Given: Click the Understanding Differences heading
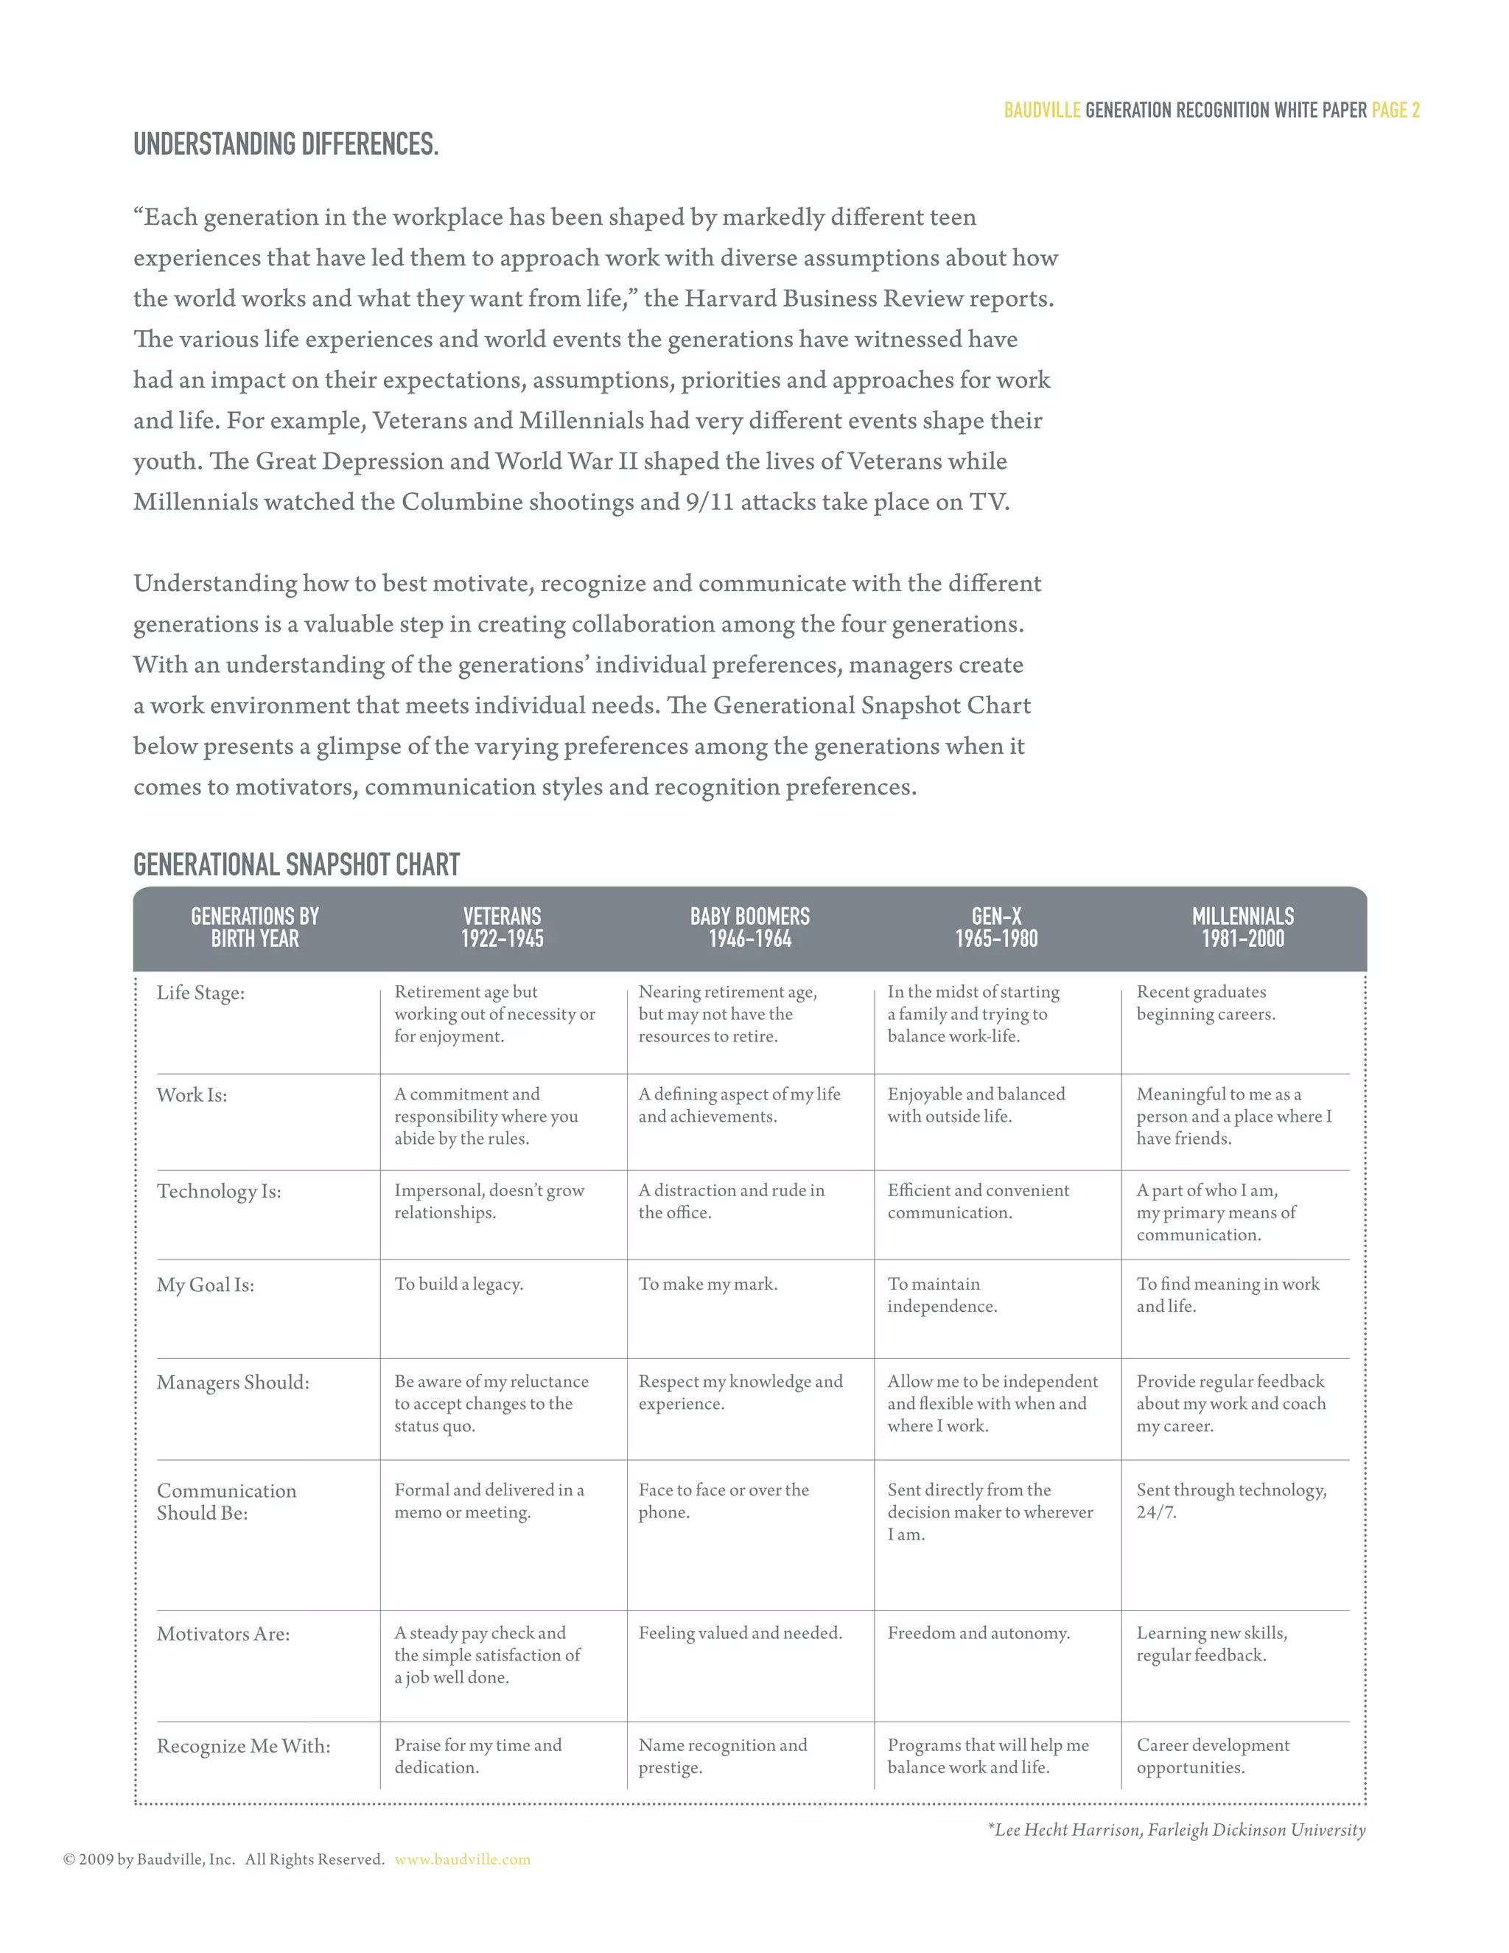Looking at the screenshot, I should coord(286,144).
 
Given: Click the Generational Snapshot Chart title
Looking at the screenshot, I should coord(296,864).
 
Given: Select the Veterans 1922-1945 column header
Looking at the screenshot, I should coord(502,927).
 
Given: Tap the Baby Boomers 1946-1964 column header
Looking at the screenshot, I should coord(749,927).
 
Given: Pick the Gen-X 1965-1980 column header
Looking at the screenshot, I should coord(996,927).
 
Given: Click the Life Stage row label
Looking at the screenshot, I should coord(200,993).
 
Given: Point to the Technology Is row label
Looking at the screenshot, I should coord(219,1191).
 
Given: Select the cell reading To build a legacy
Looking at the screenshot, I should coord(458,1284).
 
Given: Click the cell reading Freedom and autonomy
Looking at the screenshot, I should coord(978,1633).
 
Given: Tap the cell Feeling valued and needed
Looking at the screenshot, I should coord(741,1633).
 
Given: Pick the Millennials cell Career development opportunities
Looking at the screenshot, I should coord(1212,1755).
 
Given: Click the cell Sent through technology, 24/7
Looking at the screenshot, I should coord(1231,1500).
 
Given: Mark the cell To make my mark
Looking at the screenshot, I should coord(707,1284).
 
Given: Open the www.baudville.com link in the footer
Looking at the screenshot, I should coord(462,1859).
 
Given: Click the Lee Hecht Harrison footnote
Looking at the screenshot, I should coord(1177,1830).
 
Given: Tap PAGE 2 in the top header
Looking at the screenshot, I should coord(1396,110).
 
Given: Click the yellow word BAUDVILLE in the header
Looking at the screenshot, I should coord(1041,110).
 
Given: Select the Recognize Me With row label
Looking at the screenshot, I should coord(243,1747).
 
